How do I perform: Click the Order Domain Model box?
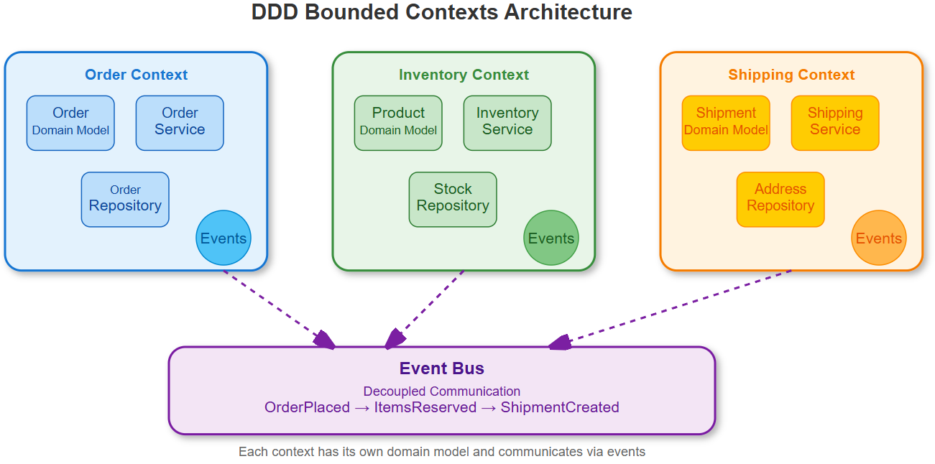coord(70,123)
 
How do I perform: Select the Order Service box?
coord(180,123)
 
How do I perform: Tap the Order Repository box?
coord(125,199)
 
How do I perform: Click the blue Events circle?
coord(224,238)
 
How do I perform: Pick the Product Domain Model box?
coord(398,123)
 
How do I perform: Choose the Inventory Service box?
coord(507,123)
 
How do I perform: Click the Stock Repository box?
coord(453,199)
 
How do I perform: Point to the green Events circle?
coord(551,238)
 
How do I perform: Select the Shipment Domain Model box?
coord(726,123)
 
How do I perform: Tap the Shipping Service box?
coord(835,123)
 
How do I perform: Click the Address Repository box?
coord(780,199)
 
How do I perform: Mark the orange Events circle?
coord(879,238)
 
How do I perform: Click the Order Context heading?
coord(136,75)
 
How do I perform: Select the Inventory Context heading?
coord(464,75)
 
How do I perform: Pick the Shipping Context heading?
coord(791,75)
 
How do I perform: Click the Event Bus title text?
coord(442,368)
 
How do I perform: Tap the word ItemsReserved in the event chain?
coord(425,407)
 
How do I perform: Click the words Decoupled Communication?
coord(442,391)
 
